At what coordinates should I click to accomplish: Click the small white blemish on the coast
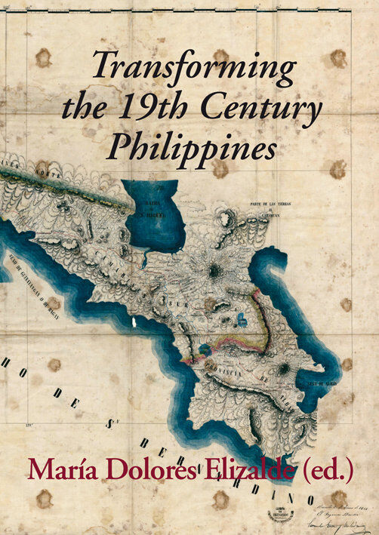134,322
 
